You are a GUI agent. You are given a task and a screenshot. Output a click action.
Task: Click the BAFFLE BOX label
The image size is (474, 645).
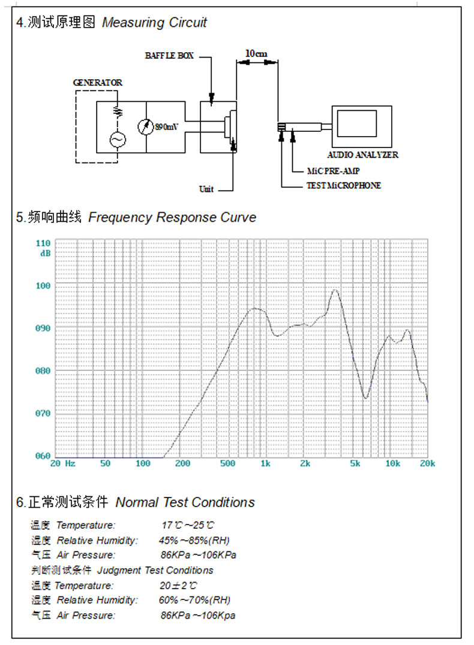coord(169,56)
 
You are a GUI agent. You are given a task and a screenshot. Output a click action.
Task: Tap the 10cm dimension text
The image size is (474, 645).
coord(256,53)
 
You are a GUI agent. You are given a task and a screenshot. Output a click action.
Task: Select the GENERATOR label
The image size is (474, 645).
coord(97,83)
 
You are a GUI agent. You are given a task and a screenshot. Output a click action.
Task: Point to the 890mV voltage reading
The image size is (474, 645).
coord(167,127)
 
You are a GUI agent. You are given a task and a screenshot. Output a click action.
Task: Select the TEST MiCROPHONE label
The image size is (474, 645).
coord(343,186)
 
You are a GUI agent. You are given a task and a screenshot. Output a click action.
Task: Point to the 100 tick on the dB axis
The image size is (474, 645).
coord(43,286)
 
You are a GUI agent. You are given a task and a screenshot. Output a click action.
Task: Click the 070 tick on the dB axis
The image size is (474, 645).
coord(43,414)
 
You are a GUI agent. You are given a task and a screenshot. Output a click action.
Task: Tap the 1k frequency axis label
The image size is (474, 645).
coord(265,464)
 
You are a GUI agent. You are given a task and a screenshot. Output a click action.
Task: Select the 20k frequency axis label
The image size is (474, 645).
coord(427,464)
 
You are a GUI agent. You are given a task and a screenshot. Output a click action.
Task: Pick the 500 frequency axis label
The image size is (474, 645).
coord(227,464)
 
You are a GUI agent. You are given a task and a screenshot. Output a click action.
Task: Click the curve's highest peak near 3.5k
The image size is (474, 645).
coord(335,290)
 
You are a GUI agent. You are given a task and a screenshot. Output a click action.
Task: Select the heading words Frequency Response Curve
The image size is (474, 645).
coord(172,217)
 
